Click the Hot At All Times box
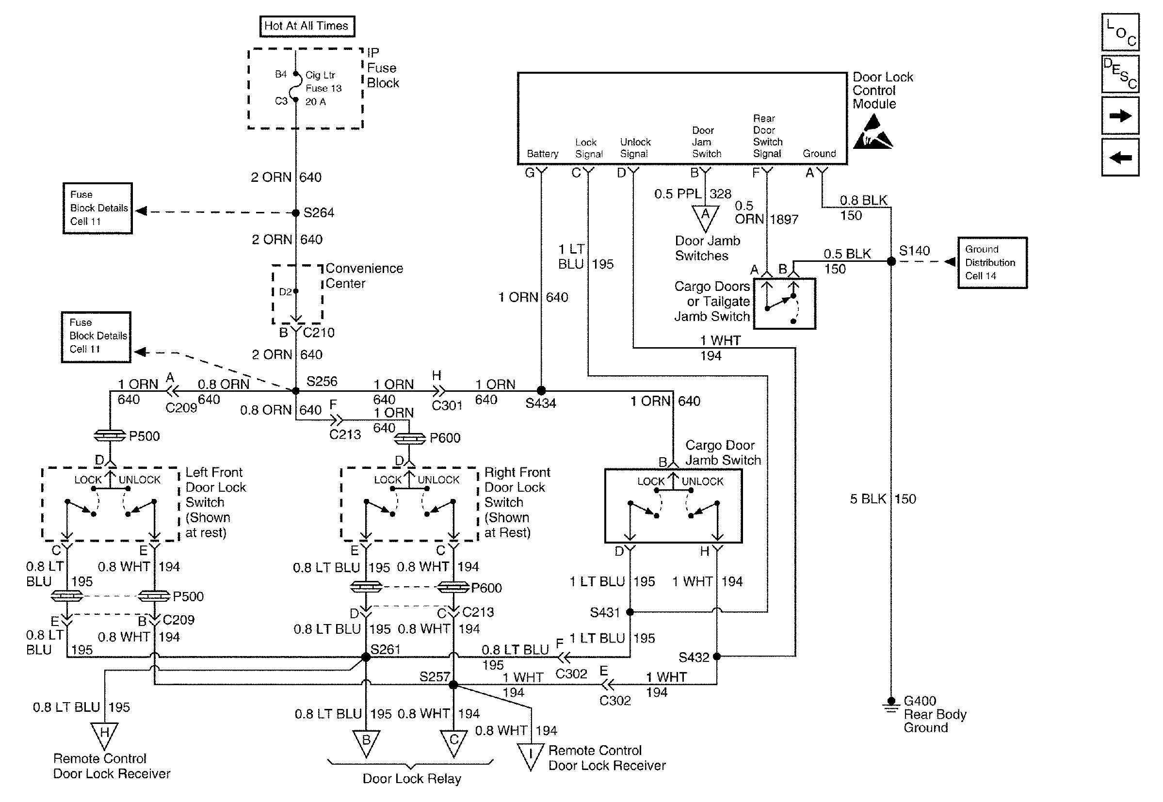(307, 26)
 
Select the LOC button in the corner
(1120, 32)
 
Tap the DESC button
(1120, 74)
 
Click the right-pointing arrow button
(1120, 115)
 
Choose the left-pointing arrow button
(1120, 158)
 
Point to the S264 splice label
(319, 212)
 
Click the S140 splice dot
(891, 261)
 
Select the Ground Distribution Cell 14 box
(992, 263)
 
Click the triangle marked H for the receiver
(105, 734)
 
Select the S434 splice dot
(541, 390)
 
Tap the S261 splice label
(386, 649)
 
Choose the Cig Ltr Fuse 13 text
(323, 82)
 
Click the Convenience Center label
(364, 276)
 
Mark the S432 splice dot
(717, 656)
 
